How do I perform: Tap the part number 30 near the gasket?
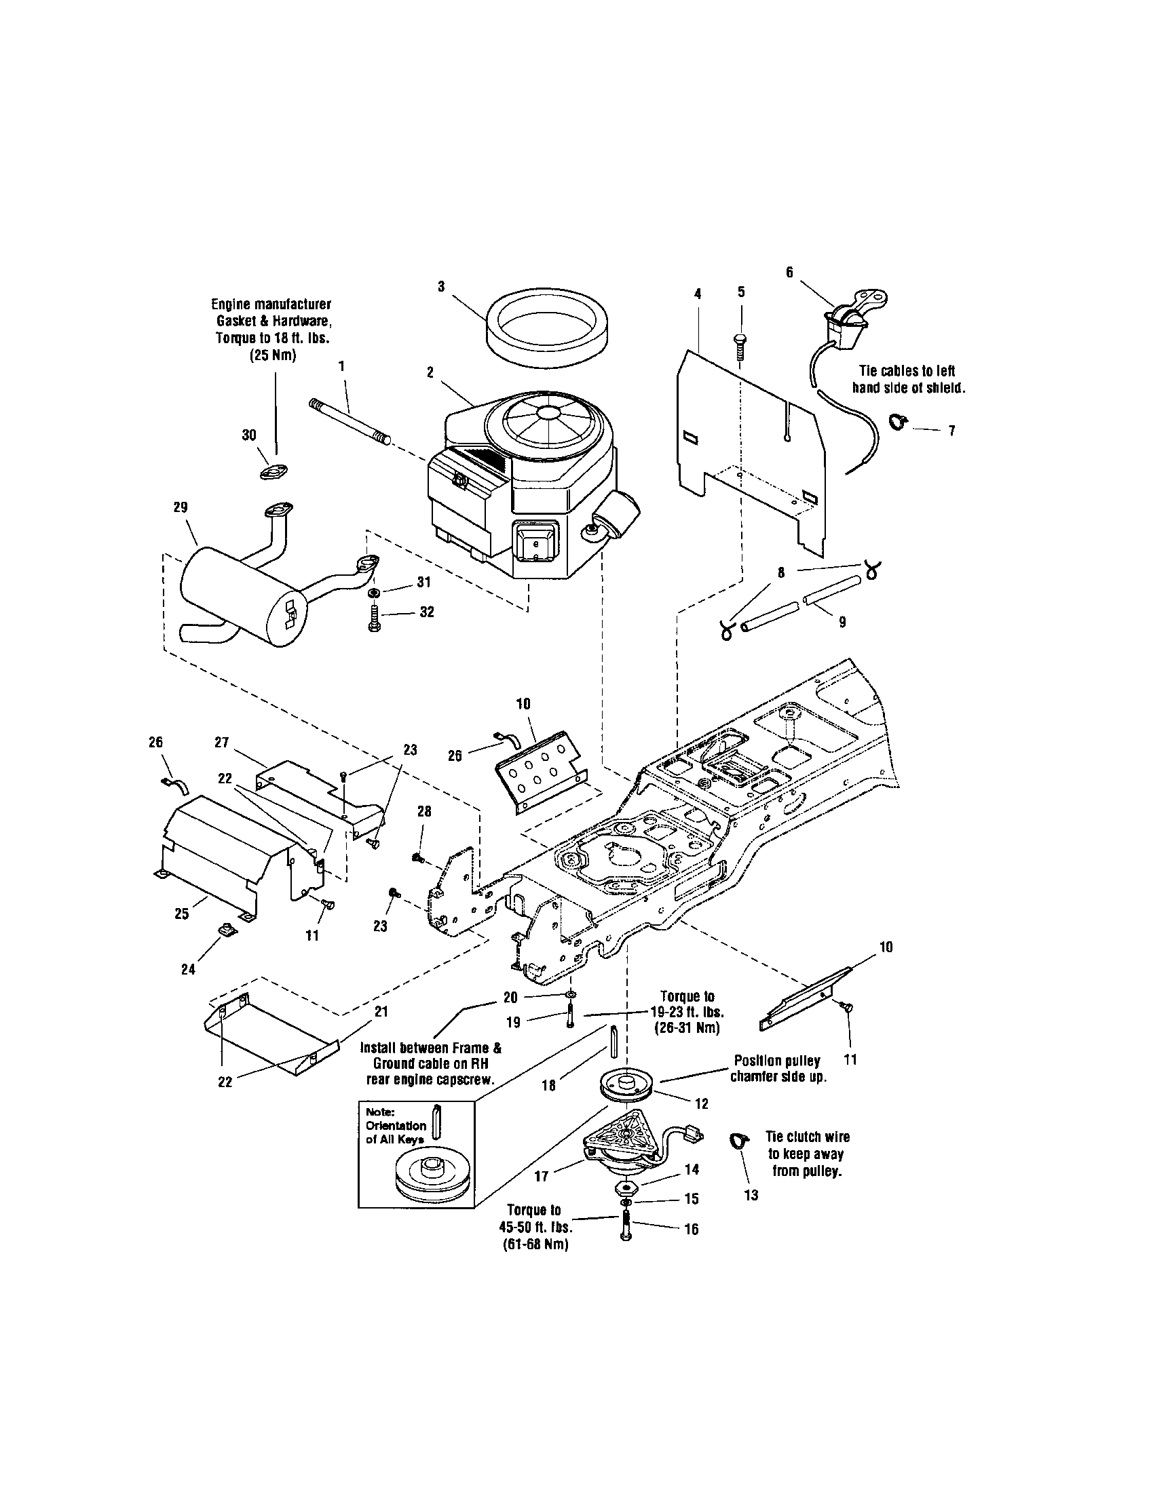point(249,435)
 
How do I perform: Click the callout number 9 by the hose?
point(842,622)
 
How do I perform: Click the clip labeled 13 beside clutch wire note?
point(739,1139)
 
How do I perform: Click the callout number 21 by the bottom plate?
point(381,1011)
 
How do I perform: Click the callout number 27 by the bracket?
point(221,743)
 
